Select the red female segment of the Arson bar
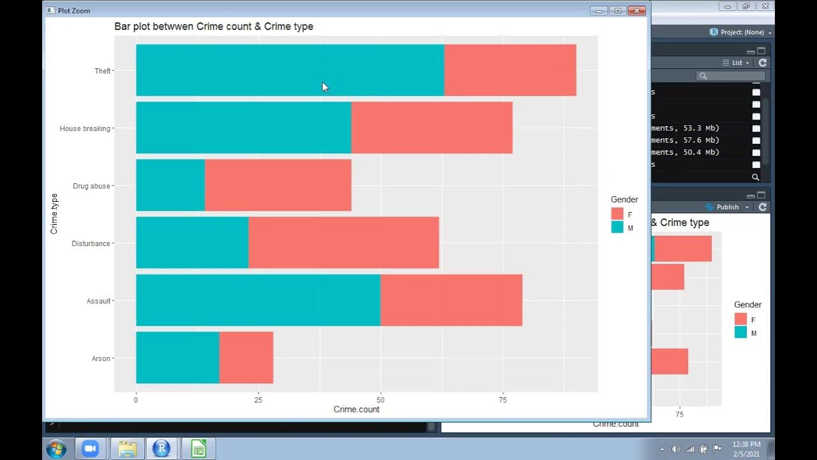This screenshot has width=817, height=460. pyautogui.click(x=246, y=358)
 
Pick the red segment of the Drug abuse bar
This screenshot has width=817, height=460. pyautogui.click(x=278, y=185)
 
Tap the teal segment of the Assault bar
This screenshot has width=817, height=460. pyautogui.click(x=258, y=300)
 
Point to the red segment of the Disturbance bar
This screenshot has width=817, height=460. pyautogui.click(x=343, y=243)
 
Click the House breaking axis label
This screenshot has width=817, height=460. pyautogui.click(x=85, y=128)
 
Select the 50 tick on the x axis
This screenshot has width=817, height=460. pyautogui.click(x=380, y=400)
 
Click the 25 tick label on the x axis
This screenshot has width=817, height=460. pyautogui.click(x=258, y=400)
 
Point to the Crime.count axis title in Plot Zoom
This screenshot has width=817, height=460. pyautogui.click(x=356, y=410)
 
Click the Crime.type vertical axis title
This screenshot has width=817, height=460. pyautogui.click(x=54, y=213)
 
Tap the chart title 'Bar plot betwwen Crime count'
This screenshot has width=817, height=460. pyautogui.click(x=214, y=27)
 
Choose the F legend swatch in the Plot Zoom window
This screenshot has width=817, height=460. pyautogui.click(x=617, y=214)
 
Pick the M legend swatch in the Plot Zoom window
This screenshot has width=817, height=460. pyautogui.click(x=617, y=227)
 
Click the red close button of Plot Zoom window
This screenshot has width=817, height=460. pyautogui.click(x=636, y=10)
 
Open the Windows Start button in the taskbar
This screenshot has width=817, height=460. pyautogui.click(x=56, y=448)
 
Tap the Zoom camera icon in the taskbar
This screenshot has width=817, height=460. pyautogui.click(x=90, y=448)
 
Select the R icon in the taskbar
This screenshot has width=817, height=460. pyautogui.click(x=161, y=448)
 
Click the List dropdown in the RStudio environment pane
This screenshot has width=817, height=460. pyautogui.click(x=736, y=63)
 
